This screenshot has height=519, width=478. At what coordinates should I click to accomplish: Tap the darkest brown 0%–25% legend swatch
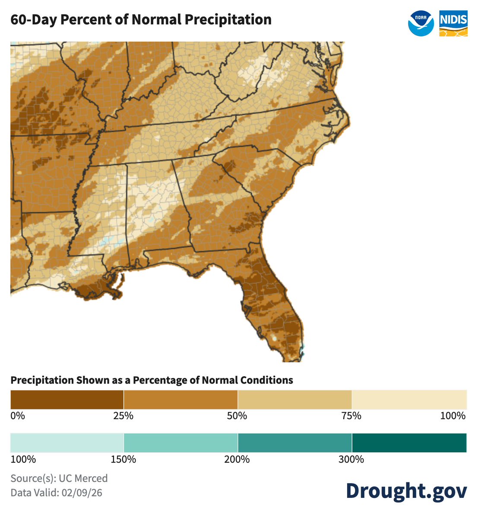pos(67,399)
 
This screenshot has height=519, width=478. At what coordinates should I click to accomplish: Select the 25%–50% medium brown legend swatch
pos(180,399)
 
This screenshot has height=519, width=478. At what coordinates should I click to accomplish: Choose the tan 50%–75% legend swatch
pos(294,399)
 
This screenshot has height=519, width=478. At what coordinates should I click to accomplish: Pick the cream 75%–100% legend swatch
pos(409,399)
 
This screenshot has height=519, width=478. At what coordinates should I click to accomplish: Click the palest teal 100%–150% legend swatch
pos(67,442)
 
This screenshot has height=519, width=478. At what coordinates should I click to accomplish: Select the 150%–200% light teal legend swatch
pos(180,442)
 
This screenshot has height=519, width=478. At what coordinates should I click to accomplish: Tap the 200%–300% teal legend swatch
pos(294,442)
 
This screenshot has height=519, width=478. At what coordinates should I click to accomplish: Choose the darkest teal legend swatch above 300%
pos(409,442)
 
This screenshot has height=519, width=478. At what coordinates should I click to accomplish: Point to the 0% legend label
pos(18,416)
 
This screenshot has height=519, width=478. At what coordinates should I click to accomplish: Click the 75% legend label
pos(351,416)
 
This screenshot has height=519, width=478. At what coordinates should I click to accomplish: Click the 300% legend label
pos(351,459)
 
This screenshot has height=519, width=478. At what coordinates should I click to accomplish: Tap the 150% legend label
pos(123,459)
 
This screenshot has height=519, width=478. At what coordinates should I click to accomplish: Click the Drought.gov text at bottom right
pos(406,491)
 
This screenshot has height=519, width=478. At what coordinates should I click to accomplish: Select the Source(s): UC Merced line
pos(59,478)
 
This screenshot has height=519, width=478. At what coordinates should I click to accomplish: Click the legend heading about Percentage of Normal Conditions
pos(152,380)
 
